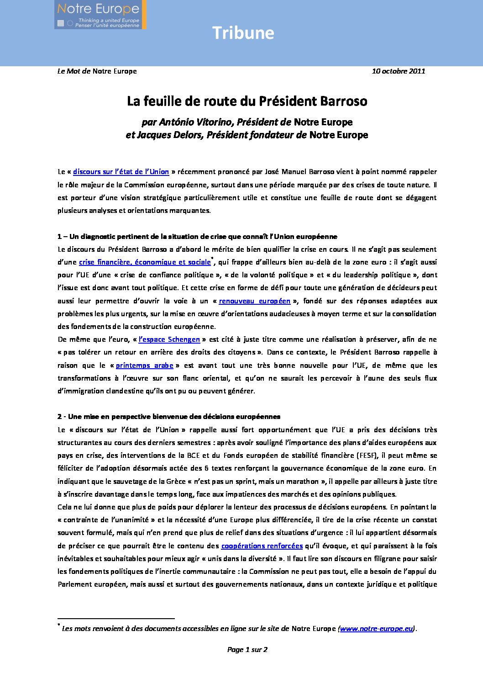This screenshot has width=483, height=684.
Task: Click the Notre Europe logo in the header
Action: point(100,15)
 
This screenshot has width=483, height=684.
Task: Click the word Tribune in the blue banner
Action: point(243,33)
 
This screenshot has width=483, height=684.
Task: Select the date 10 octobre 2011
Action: point(398,71)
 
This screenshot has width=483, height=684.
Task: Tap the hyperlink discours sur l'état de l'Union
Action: point(121,172)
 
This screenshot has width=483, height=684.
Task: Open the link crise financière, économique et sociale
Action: point(145,262)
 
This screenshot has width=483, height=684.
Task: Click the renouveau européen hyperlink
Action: point(254,301)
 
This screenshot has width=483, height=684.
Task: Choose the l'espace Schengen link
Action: point(169,339)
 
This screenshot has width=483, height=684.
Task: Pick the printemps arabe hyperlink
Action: point(144,366)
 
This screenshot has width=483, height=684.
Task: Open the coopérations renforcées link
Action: point(262,546)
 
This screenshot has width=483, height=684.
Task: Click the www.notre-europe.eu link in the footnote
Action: point(377,629)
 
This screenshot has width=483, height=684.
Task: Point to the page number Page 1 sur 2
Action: point(247,650)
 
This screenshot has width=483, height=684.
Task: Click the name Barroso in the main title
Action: point(343,101)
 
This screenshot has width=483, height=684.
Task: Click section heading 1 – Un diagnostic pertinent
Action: point(197,237)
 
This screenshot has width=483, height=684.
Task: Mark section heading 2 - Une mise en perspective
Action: point(168,417)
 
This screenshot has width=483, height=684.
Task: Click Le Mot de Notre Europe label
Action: point(97,71)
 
